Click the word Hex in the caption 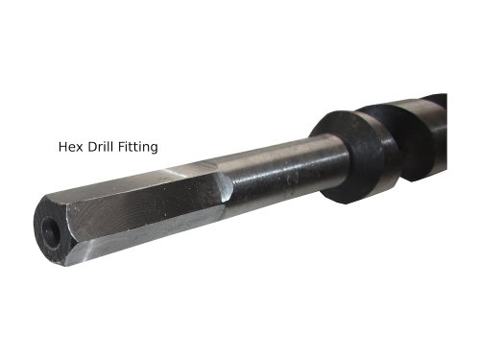coord(71,147)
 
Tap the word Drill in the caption coord(101,147)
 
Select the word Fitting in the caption coord(138,148)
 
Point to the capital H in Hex coord(62,147)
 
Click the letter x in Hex coord(80,148)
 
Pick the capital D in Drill coord(92,147)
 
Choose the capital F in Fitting coord(122,147)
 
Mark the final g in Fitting coord(154,150)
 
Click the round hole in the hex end coord(51,232)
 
